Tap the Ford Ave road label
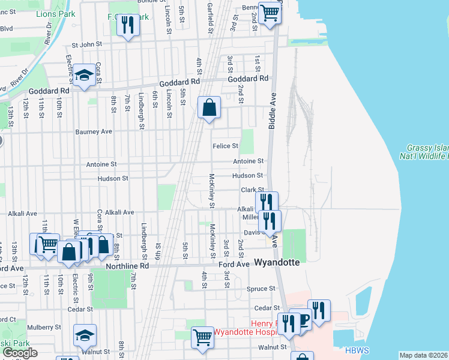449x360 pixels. click(234, 264)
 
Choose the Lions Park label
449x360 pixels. click(53, 13)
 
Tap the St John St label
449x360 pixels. click(88, 44)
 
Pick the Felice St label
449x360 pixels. click(226, 146)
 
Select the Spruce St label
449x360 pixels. click(260, 289)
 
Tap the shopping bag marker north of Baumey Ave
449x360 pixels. click(209, 109)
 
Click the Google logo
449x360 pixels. click(20, 353)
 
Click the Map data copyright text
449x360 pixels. click(424, 355)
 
